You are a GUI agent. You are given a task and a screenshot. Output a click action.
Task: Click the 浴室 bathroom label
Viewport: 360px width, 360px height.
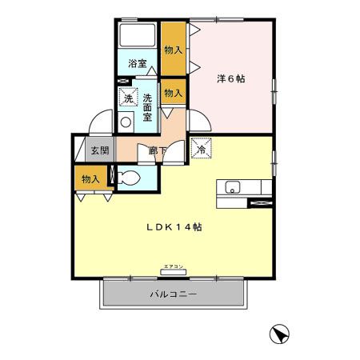tap(138, 63)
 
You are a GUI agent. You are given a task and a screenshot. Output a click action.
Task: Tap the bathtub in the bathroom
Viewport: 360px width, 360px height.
tap(137, 37)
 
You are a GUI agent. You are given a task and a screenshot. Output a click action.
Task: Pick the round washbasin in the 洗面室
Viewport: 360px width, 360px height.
tap(126, 122)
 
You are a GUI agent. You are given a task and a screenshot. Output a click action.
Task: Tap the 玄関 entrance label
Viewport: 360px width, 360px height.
tap(98, 150)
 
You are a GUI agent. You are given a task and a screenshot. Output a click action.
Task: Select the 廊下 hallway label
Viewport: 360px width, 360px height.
tap(157, 150)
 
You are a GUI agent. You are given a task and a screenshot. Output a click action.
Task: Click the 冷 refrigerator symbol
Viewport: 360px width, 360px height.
tap(201, 147)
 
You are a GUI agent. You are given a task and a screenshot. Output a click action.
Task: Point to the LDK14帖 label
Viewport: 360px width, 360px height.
tap(173, 226)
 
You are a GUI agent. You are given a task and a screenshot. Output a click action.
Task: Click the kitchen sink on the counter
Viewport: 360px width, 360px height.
tap(232, 188)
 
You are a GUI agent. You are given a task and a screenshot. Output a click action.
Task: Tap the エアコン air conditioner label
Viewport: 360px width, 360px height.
tap(173, 266)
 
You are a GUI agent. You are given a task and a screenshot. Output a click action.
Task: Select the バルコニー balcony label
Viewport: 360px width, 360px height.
tap(173, 294)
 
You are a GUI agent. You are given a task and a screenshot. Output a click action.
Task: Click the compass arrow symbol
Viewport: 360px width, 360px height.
tap(279, 334)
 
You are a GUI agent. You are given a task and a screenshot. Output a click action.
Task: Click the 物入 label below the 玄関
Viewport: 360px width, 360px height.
tap(90, 179)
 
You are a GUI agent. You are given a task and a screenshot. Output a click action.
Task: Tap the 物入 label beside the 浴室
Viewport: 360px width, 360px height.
tap(172, 50)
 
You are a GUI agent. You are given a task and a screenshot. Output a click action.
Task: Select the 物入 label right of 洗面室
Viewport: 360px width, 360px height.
tap(173, 94)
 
